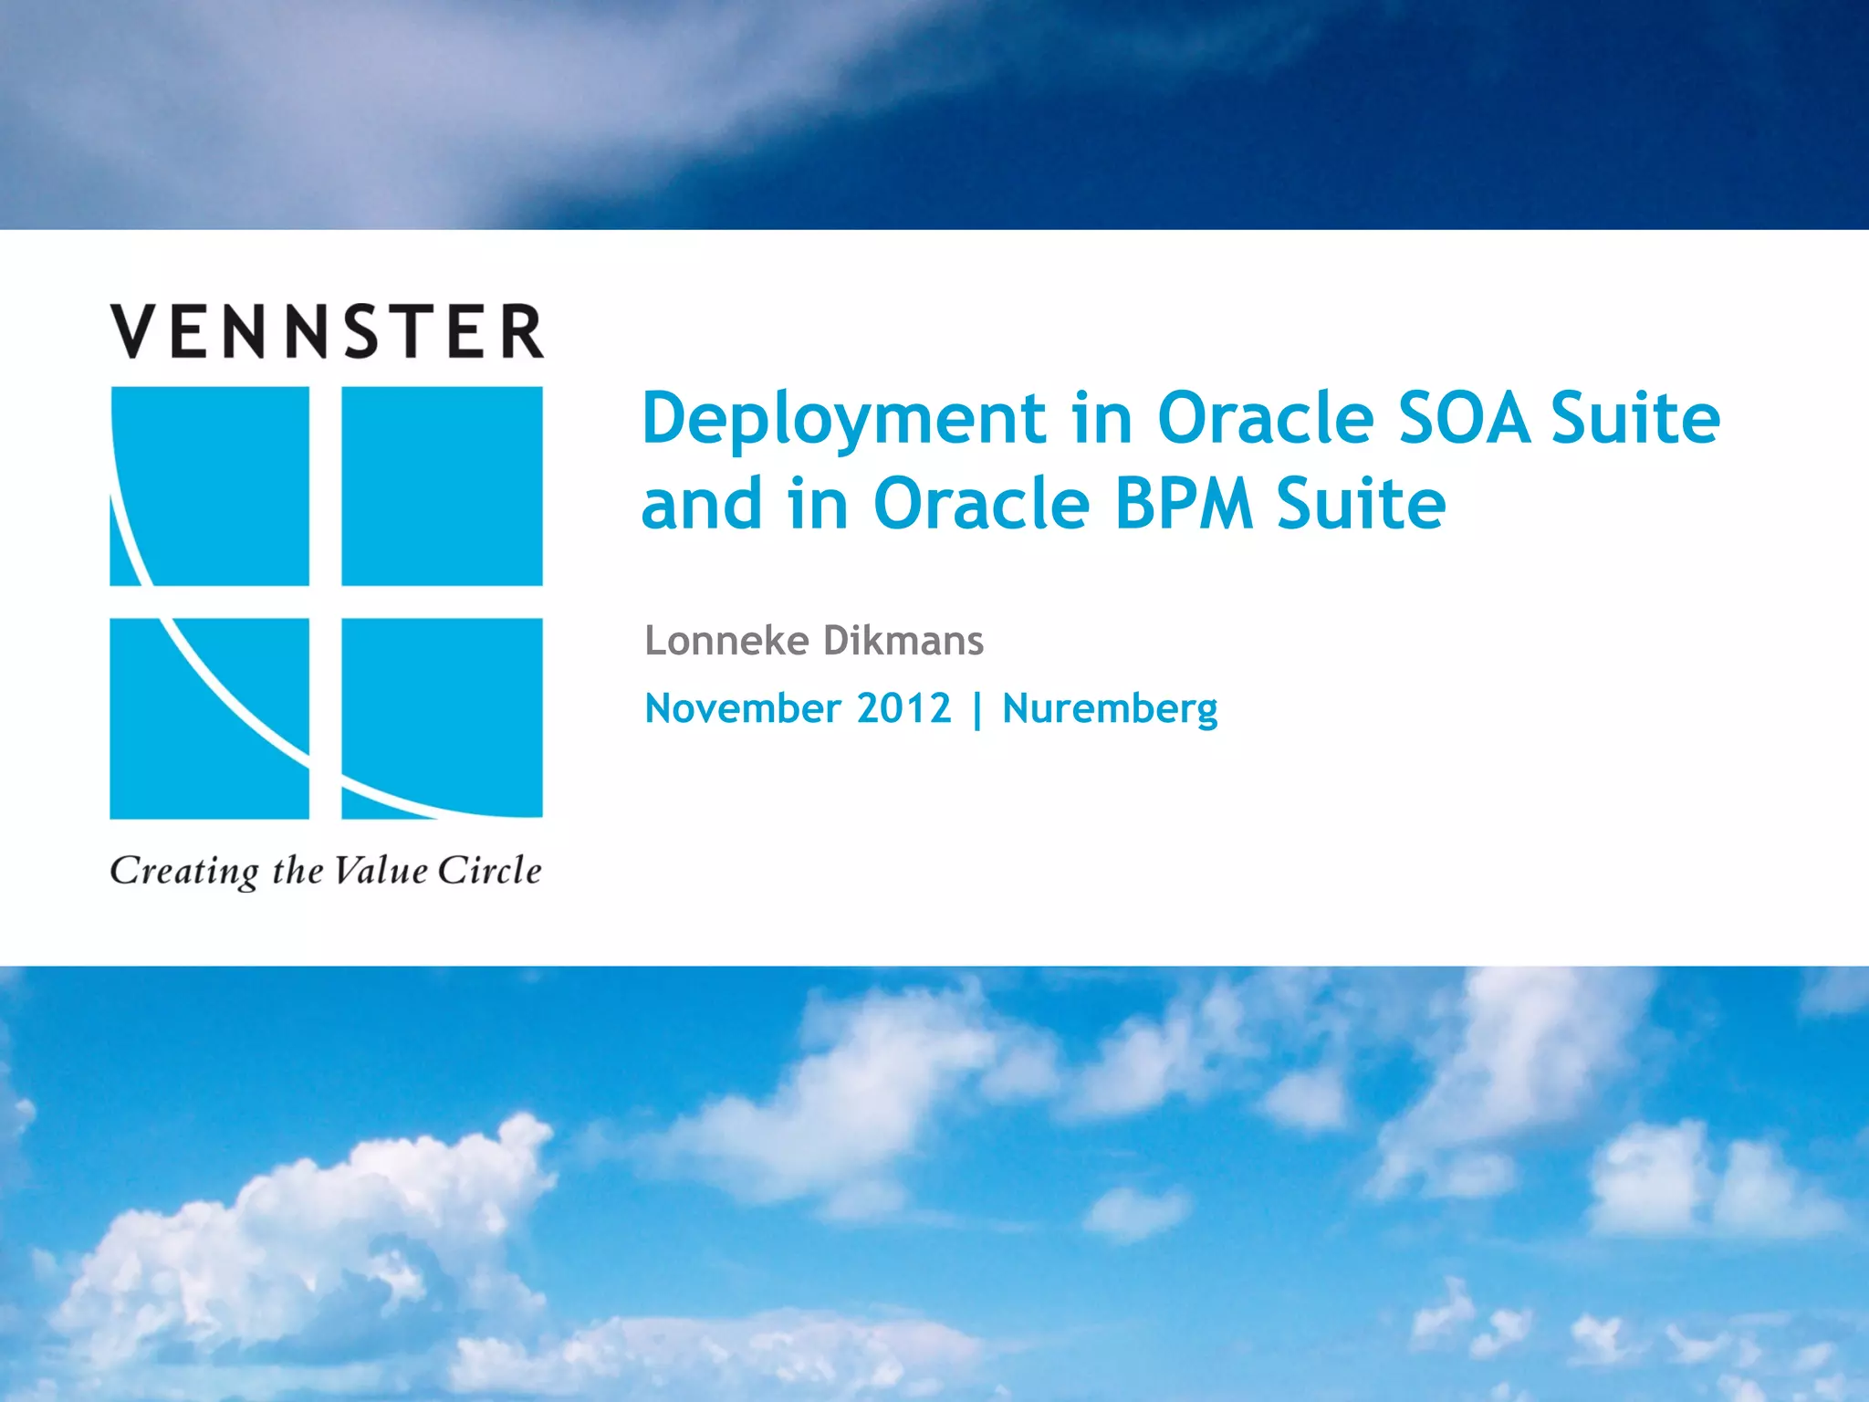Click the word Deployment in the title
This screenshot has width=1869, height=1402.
844,420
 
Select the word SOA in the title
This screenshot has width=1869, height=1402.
1463,418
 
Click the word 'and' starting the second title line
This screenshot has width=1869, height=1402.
702,504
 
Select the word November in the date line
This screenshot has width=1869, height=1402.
743,708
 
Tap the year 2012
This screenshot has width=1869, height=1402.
903,708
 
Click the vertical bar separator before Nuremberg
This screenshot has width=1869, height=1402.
977,710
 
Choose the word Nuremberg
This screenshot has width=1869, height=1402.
1110,709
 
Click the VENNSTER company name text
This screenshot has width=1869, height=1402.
327,331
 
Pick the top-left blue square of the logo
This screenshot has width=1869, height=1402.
210,486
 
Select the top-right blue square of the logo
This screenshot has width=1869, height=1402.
442,486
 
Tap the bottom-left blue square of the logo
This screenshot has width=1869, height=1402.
210,718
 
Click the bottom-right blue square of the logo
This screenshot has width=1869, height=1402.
442,718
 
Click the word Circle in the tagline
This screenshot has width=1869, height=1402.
489,870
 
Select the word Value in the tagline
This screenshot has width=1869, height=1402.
380,870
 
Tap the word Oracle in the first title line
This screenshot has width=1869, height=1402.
1267,418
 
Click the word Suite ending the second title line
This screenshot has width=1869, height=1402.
1361,504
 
